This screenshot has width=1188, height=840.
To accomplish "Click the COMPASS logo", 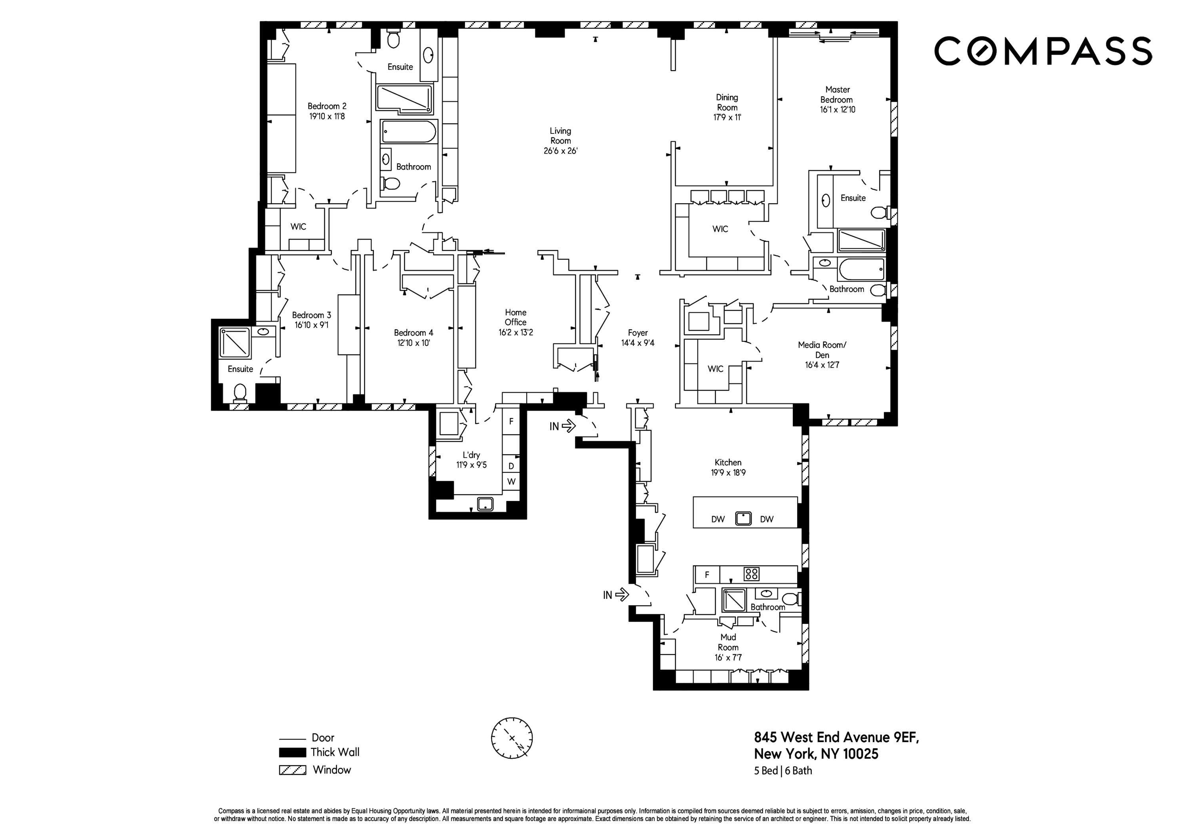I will pos(1043,51).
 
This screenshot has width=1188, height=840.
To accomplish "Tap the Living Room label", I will pos(560,135).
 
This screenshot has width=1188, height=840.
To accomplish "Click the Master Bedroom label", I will pos(837,95).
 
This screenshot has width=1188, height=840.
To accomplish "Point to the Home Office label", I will pos(515,317).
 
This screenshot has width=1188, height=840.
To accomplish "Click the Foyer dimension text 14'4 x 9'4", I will pos(638,343).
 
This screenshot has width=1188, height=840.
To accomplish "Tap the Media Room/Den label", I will pos(822,350).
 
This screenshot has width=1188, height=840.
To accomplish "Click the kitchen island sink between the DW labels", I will pos(743,518).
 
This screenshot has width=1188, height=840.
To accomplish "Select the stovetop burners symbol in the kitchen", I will pos(751,574).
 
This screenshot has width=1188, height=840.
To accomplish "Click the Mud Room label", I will pos(728,642).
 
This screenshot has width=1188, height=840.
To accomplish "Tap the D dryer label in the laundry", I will pos(511,466).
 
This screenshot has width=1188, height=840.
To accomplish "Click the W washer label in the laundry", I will pos(511,481).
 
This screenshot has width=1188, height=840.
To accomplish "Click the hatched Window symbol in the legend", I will pos(292,770).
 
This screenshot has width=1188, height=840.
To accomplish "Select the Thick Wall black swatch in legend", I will pos(292,752).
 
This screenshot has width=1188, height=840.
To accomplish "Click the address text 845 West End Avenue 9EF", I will pos(836,737).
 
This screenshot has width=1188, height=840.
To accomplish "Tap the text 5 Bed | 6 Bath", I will pos(783,771).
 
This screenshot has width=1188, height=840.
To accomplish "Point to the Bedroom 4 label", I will pos(413,333).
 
